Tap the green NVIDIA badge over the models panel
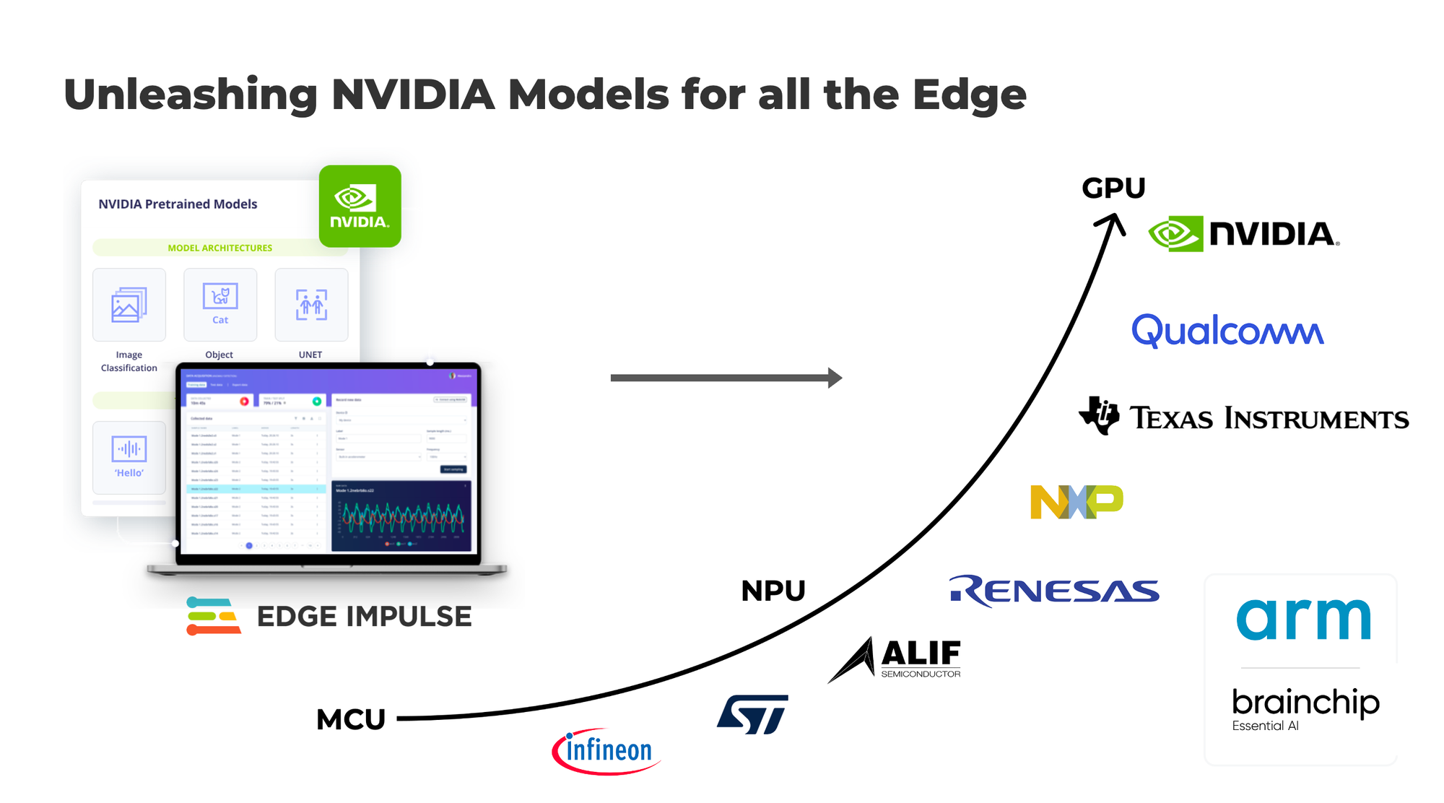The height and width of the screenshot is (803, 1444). [360, 207]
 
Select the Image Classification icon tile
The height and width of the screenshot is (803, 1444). [129, 305]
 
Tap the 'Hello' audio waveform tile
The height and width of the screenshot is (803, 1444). [129, 457]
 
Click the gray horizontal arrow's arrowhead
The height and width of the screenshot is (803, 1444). [835, 378]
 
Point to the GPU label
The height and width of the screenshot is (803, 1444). [1113, 188]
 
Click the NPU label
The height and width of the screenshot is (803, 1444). [773, 591]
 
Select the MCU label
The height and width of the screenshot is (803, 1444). [351, 719]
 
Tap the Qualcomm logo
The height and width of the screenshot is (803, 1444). [1227, 331]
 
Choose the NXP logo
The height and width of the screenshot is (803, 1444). [1077, 502]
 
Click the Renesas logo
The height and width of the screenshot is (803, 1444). [1054, 591]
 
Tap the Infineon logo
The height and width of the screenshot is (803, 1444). [606, 751]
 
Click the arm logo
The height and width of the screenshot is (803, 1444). [1303, 619]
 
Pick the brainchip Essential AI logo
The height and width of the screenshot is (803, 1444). [1305, 708]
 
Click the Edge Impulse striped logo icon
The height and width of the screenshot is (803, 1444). [213, 616]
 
